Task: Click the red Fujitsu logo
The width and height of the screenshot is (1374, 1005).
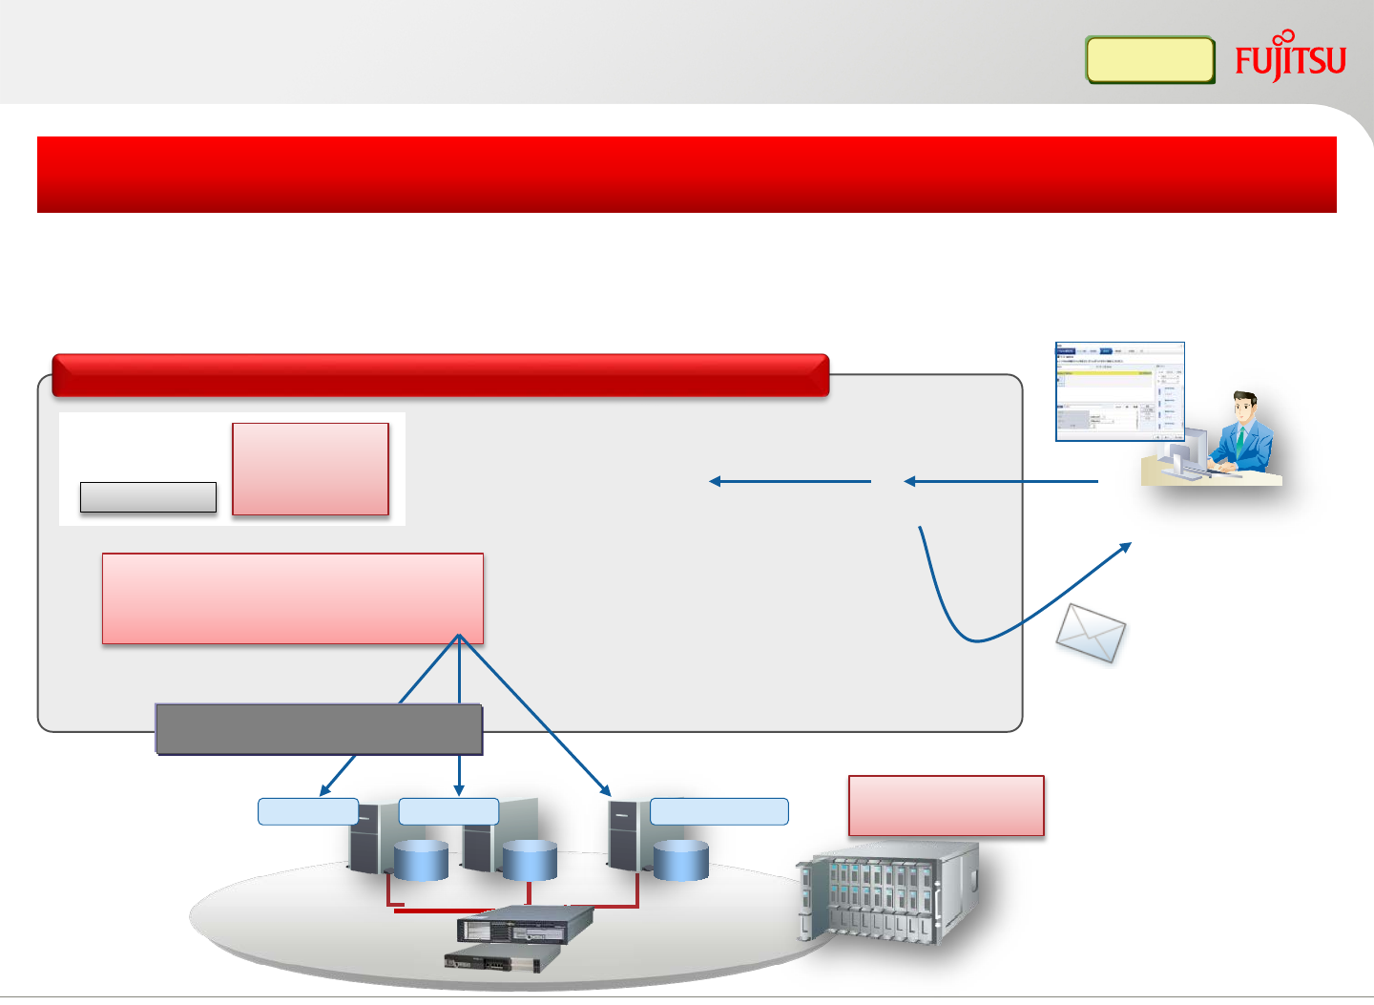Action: pos(1290,59)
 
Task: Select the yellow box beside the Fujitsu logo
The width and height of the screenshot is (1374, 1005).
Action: pos(1150,60)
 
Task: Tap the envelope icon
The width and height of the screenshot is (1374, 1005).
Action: pos(1091,632)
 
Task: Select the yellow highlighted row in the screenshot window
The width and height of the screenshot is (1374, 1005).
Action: pos(1107,372)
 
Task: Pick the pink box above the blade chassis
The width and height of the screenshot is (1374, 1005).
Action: pos(947,806)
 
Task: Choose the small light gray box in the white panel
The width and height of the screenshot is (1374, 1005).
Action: pos(148,497)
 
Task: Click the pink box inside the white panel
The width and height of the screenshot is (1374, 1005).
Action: pos(310,469)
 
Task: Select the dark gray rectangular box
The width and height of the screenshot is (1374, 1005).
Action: pos(319,729)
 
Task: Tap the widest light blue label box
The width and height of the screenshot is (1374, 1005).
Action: pos(719,811)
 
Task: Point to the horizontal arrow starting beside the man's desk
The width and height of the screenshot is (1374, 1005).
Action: pos(1002,481)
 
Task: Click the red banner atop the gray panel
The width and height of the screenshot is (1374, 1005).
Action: pos(440,375)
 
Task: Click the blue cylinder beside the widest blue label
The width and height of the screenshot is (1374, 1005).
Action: pos(681,860)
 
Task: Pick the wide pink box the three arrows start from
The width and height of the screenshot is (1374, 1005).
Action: pos(292,598)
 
